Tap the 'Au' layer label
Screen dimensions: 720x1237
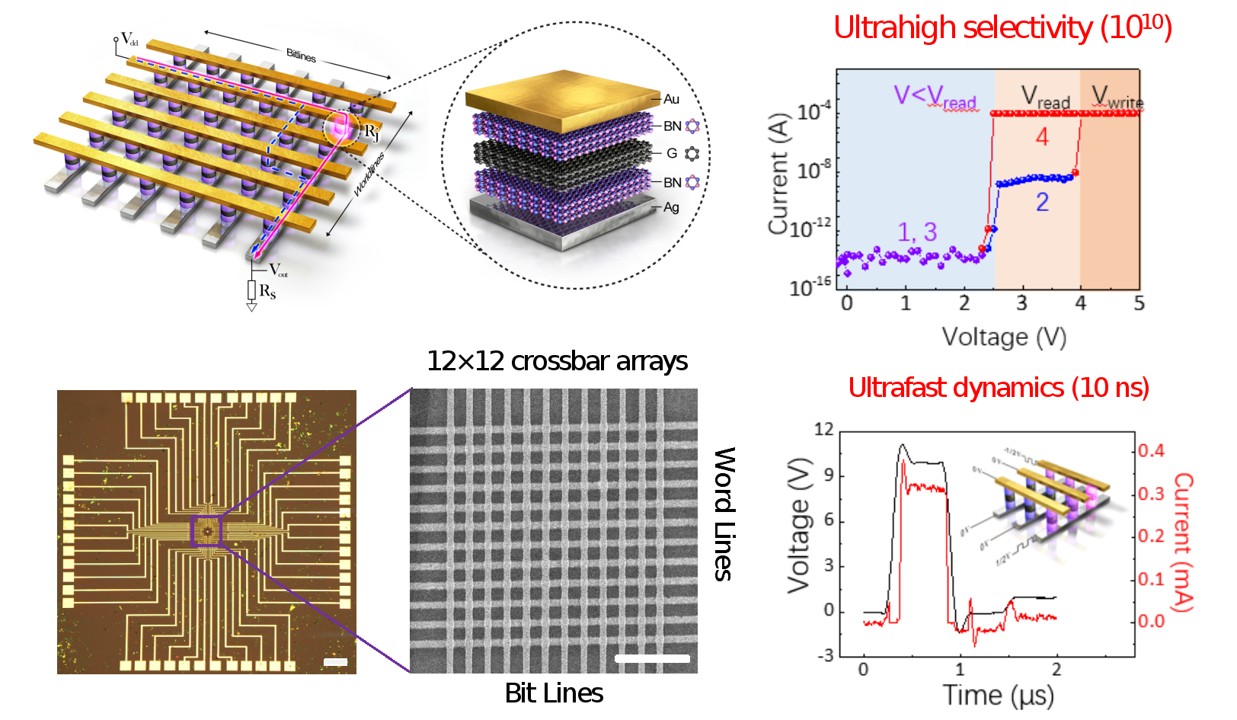click(x=671, y=99)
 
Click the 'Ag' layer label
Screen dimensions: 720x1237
click(x=671, y=207)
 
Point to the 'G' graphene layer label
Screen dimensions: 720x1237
click(x=672, y=153)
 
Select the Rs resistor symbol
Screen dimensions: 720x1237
click(x=251, y=290)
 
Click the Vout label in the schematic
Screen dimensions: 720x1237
click(x=278, y=270)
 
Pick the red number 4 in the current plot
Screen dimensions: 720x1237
click(x=1042, y=137)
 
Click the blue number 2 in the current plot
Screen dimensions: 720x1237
click(x=1042, y=202)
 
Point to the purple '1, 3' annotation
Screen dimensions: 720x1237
click(x=916, y=232)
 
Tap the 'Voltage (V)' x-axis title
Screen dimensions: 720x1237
click(x=1004, y=337)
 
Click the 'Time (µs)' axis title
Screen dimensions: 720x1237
click(x=998, y=695)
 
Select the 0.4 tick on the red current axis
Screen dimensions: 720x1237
click(x=1151, y=451)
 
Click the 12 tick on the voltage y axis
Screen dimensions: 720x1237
click(x=823, y=430)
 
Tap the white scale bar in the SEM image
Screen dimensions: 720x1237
click(x=652, y=658)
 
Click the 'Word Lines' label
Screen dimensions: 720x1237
click(x=724, y=514)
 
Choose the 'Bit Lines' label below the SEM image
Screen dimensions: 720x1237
click(x=554, y=693)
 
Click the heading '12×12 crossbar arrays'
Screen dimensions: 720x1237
click(x=557, y=361)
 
